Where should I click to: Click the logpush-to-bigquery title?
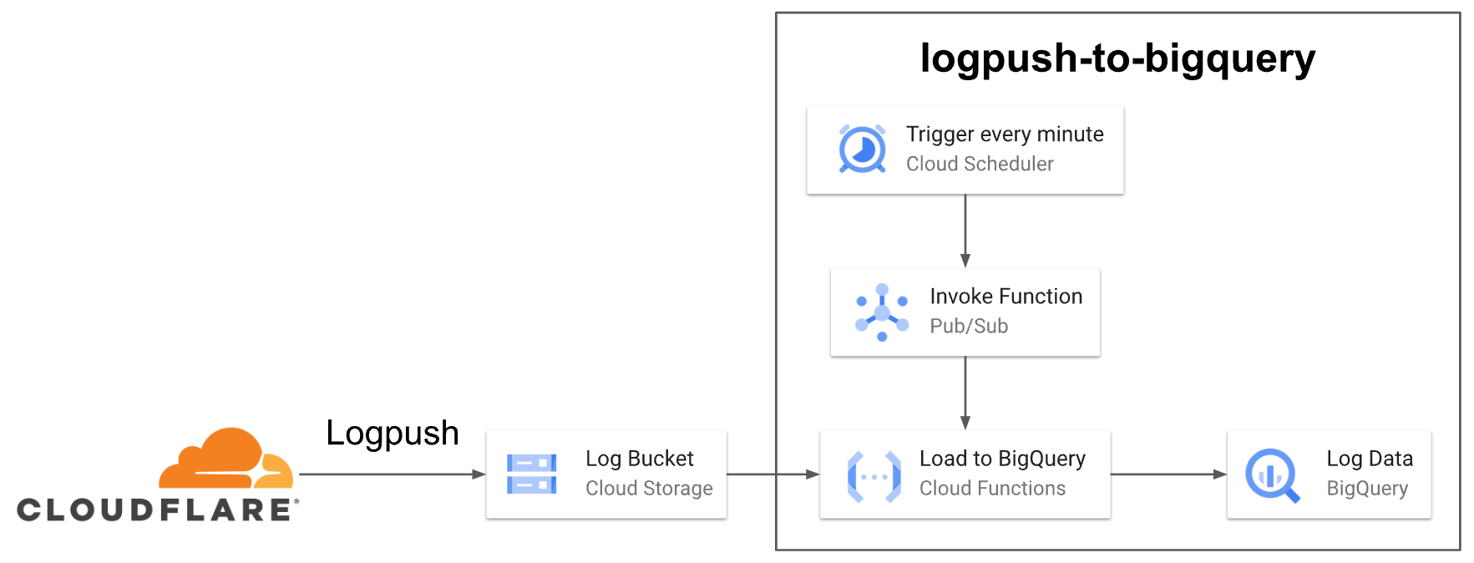tap(1117, 58)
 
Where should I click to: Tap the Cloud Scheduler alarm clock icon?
tap(862, 150)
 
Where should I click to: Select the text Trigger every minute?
tap(1005, 134)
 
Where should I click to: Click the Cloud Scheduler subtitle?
tap(980, 164)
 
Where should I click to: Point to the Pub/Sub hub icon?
tap(882, 312)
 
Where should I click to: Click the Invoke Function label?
tap(1005, 297)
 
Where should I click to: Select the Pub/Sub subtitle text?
tap(969, 326)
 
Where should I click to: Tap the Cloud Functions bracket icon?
tap(874, 476)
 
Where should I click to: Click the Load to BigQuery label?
tap(1002, 459)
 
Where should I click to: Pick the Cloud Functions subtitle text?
tap(992, 488)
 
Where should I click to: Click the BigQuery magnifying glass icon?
tap(1272, 475)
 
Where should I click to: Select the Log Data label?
tap(1369, 459)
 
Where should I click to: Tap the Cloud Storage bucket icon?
tap(531, 474)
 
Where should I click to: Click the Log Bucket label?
tap(639, 459)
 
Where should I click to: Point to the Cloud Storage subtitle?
tap(649, 488)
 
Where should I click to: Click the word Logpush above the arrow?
tap(392, 433)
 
